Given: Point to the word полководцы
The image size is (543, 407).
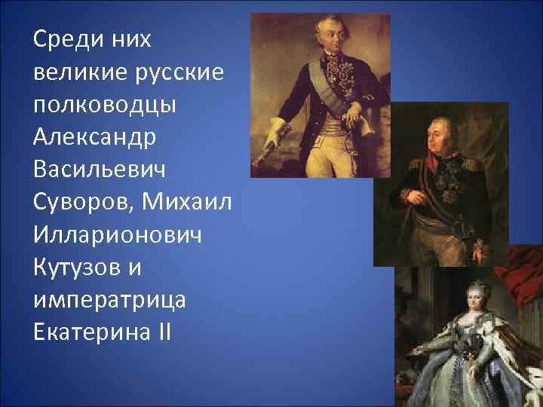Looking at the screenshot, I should point(105,106).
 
